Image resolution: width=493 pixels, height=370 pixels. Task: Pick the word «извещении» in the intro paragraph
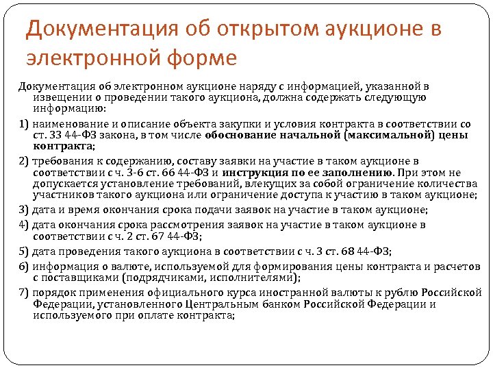coord(56,97)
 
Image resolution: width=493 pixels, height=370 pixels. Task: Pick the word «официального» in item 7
coord(179,291)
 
